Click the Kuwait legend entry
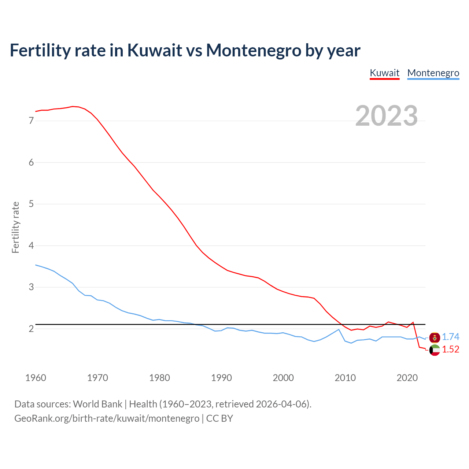click(384, 73)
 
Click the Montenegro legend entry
click(433, 73)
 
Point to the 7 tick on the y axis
click(31, 121)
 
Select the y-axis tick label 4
click(31, 245)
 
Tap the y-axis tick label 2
click(31, 329)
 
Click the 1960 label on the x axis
click(36, 378)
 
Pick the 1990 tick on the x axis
click(221, 378)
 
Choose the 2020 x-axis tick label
click(407, 378)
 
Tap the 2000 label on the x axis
click(283, 378)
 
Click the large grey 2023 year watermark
click(387, 116)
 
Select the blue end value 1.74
click(450, 337)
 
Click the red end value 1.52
click(450, 350)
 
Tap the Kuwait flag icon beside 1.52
click(435, 350)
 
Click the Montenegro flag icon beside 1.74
click(435, 337)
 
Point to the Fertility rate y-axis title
click(15, 227)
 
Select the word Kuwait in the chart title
click(155, 50)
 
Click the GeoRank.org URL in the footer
click(107, 418)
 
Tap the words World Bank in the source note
click(97, 404)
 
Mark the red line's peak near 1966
click(73, 106)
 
